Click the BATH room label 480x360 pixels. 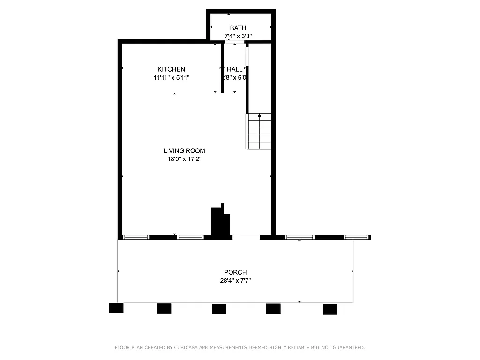[238, 28]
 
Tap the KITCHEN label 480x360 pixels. [171, 69]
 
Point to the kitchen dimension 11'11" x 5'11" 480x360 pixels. [171, 78]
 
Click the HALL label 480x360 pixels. [234, 69]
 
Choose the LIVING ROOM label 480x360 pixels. [184, 151]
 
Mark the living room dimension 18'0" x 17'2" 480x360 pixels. [184, 159]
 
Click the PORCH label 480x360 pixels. [235, 272]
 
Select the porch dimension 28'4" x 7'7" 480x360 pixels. [235, 281]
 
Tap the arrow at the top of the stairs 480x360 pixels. [259, 115]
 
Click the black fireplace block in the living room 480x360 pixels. [220, 222]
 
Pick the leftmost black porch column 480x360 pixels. [116, 308]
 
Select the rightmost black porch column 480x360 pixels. [330, 309]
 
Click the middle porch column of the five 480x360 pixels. [219, 309]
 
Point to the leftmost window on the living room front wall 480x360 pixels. [136, 237]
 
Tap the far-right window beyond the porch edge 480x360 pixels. [356, 237]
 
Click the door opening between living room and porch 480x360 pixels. [246, 237]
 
